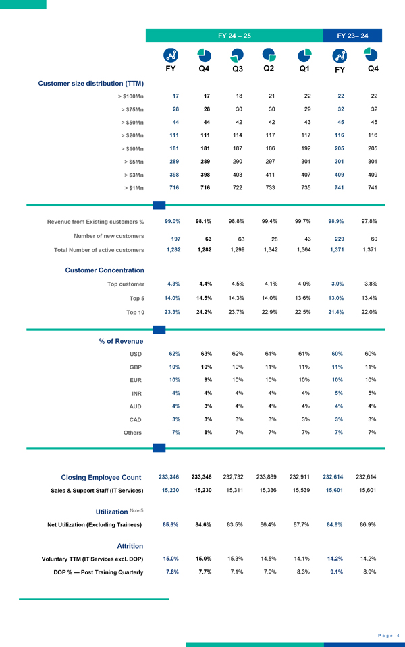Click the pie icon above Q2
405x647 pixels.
click(269, 54)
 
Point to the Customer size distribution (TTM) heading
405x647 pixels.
click(91, 84)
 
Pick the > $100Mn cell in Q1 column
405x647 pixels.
click(305, 96)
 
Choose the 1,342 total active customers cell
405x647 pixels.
click(269, 250)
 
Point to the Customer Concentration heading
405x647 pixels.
click(104, 270)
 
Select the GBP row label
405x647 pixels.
click(136, 367)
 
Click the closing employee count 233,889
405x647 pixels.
click(269, 476)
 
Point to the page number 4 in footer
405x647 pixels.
click(398, 635)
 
